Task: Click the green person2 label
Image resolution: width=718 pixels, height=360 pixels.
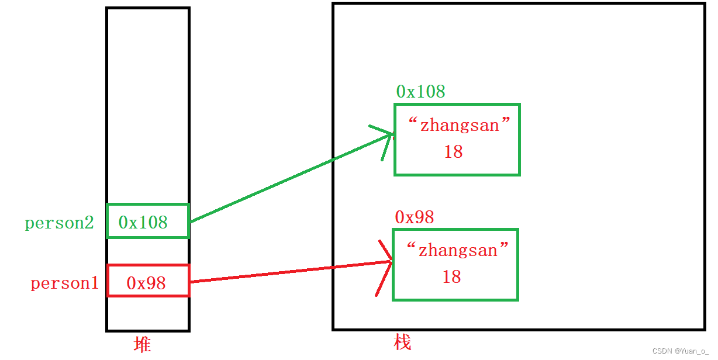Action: pyautogui.click(x=59, y=223)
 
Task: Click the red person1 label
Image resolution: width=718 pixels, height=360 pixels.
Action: pyautogui.click(x=64, y=283)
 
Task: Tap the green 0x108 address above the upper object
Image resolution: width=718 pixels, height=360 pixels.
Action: pyautogui.click(x=420, y=92)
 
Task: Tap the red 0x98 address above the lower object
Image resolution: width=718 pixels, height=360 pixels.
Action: pyautogui.click(x=414, y=217)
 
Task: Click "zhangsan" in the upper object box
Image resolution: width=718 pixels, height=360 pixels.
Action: pyautogui.click(x=460, y=126)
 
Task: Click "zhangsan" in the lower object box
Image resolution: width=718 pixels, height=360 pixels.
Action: pyautogui.click(x=458, y=251)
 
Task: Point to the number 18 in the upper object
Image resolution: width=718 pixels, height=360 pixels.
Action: pyautogui.click(x=453, y=152)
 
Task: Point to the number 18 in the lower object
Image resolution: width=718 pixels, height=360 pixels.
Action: pyautogui.click(x=451, y=277)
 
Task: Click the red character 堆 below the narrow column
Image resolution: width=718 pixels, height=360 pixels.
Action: pyautogui.click(x=142, y=345)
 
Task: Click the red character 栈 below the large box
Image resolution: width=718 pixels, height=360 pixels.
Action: pyautogui.click(x=402, y=342)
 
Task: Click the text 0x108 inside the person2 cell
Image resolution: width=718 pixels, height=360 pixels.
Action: pyautogui.click(x=143, y=223)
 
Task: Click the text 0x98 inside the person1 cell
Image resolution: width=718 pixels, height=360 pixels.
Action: pyautogui.click(x=146, y=283)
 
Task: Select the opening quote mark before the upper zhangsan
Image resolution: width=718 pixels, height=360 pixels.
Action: pyautogui.click(x=413, y=122)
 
